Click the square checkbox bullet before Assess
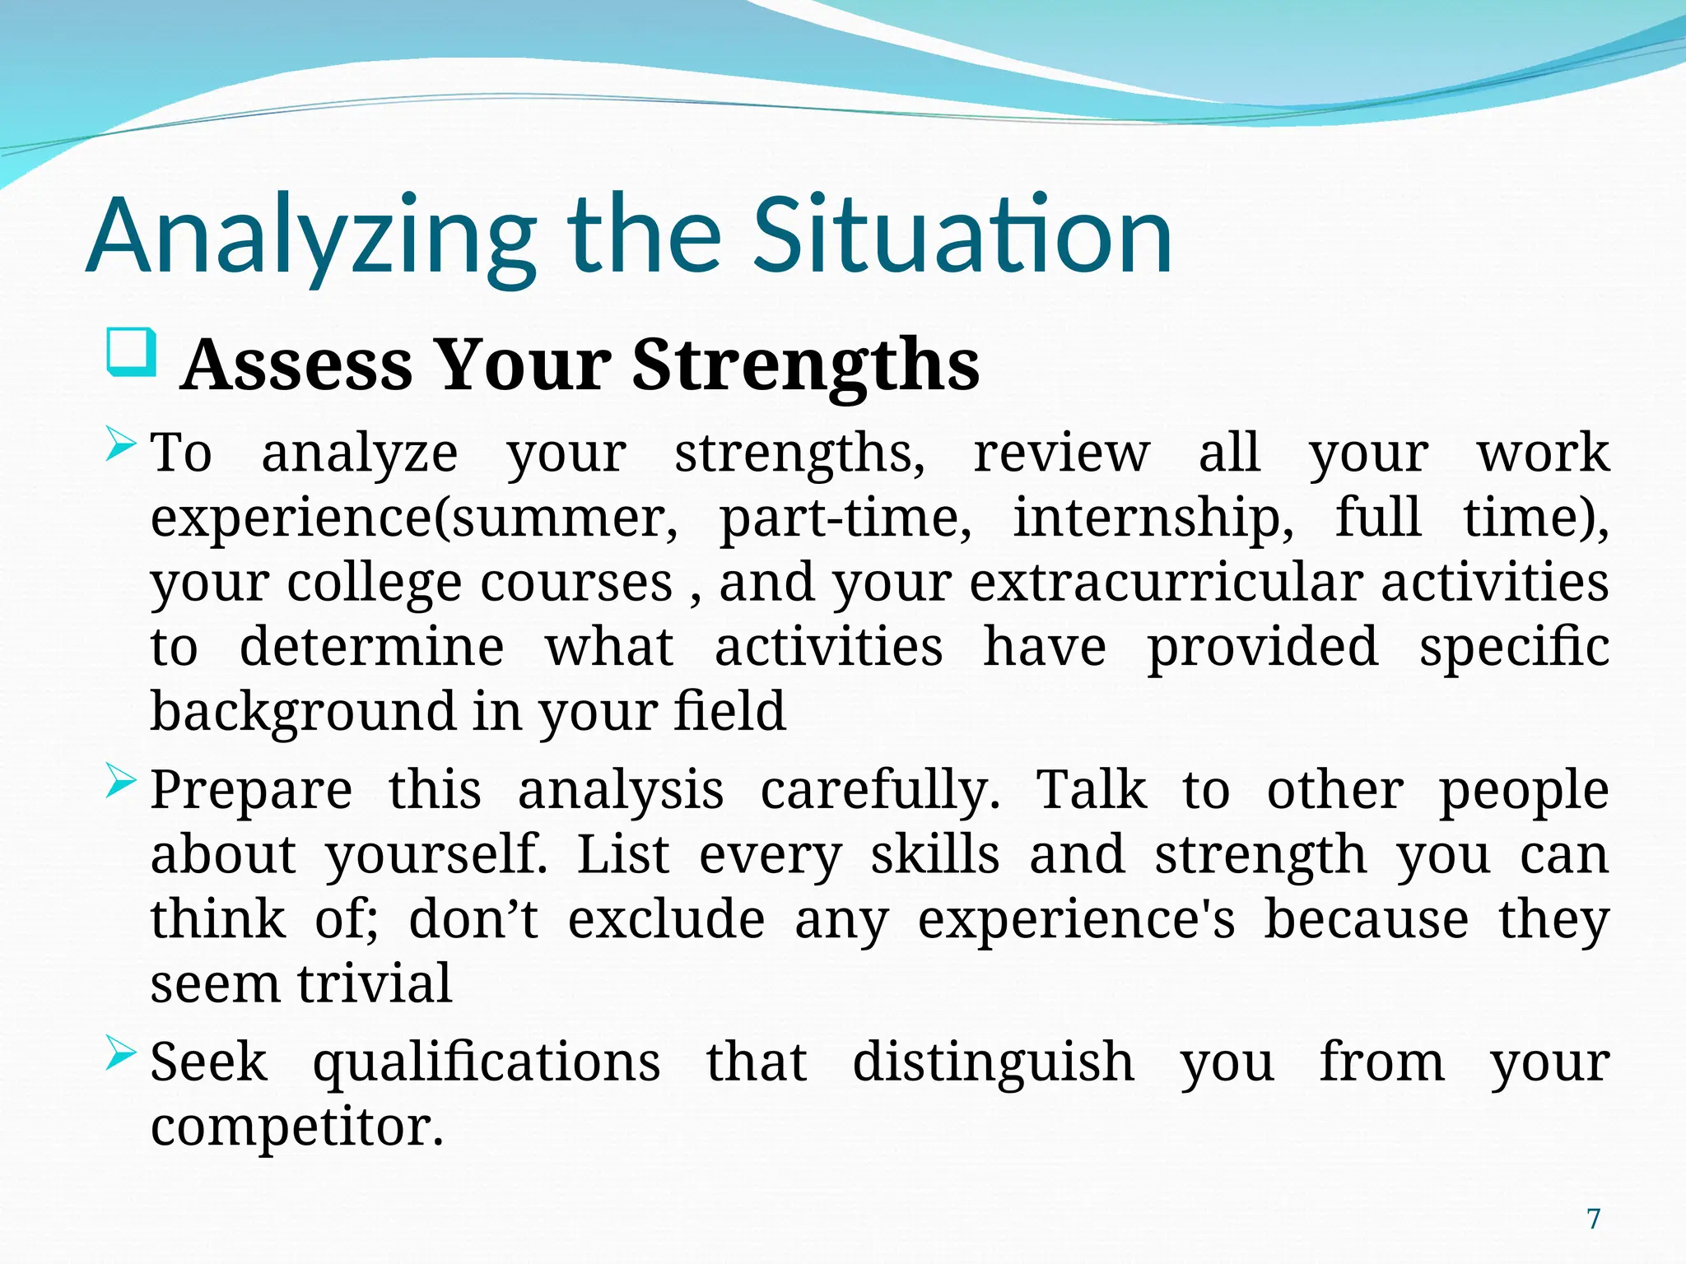131,353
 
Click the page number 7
1594,1219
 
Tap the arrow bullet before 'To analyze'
121,447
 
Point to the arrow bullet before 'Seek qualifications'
121,1054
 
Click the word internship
1153,518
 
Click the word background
302,712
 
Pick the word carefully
879,790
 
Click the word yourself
436,856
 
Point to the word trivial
375,983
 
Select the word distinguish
993,1062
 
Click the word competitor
296,1127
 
